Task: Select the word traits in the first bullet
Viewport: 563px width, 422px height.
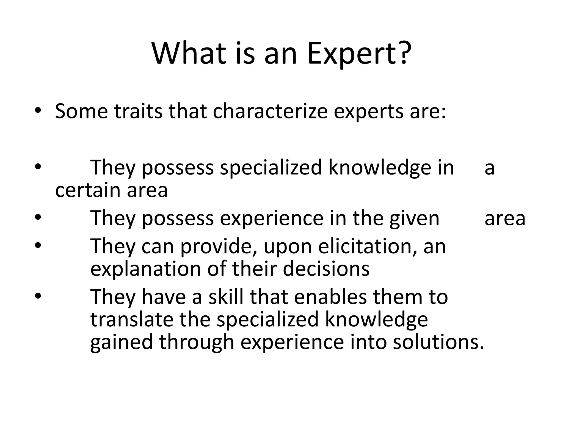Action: tap(138, 111)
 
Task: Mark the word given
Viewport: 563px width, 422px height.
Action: tap(414, 219)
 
